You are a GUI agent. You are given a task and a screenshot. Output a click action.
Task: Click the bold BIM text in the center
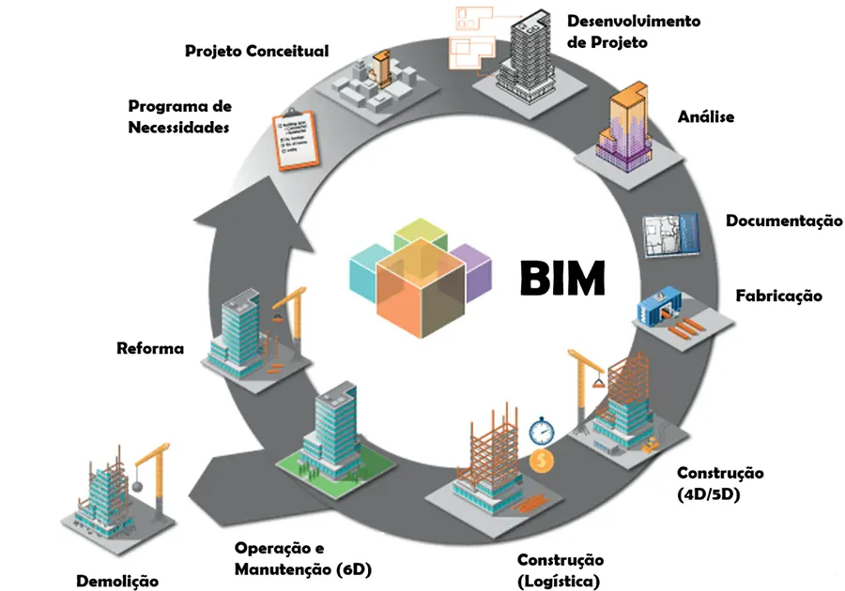(562, 279)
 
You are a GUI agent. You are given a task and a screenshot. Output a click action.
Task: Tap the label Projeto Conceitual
(256, 51)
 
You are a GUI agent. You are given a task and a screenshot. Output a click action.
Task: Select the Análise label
(705, 117)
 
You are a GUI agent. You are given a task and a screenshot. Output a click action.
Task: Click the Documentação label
(784, 221)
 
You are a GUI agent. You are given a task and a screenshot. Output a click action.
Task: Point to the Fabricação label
(778, 295)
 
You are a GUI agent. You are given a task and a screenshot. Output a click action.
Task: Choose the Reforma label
(150, 349)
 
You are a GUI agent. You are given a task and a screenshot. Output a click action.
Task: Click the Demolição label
(117, 581)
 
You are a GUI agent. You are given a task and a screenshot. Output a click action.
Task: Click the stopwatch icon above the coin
(541, 432)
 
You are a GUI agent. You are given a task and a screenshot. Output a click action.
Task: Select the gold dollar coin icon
(541, 462)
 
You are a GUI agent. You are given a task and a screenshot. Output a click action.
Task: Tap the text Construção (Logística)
(560, 570)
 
